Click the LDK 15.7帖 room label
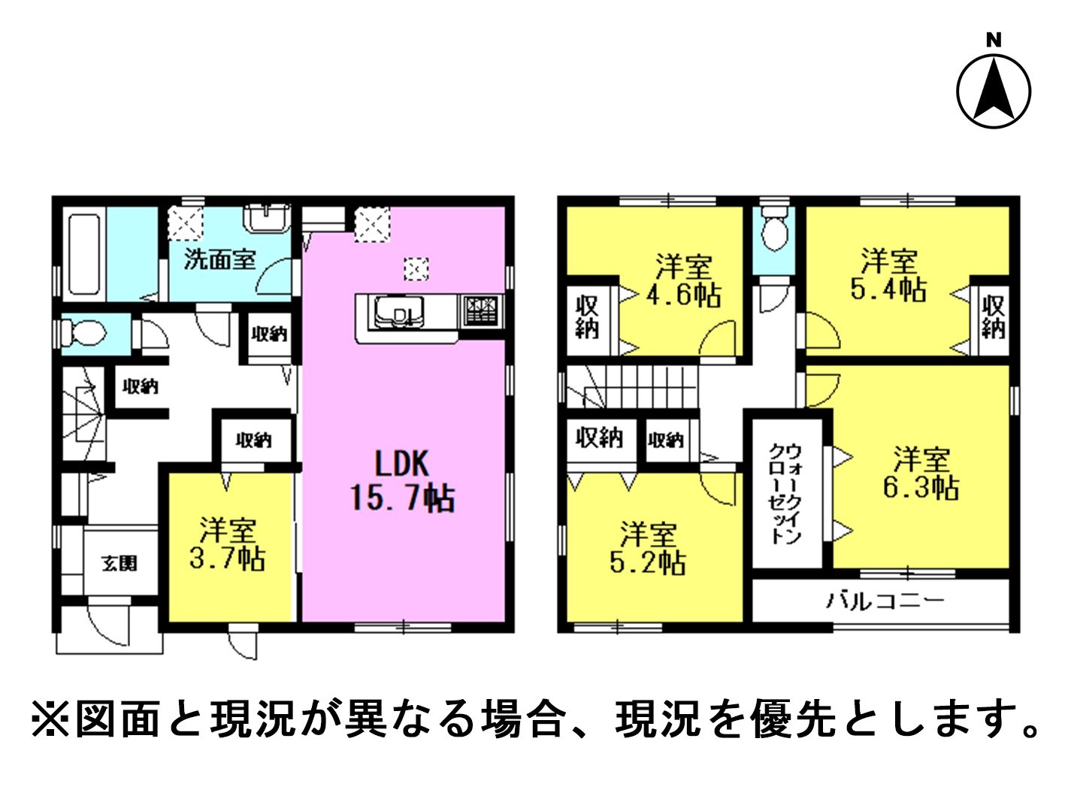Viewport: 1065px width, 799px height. (x=402, y=480)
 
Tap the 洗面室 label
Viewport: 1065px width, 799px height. (x=219, y=260)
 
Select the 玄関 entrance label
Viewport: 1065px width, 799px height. (x=119, y=563)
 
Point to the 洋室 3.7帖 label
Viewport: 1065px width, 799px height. (x=227, y=544)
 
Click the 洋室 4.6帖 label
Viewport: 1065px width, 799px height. (x=684, y=280)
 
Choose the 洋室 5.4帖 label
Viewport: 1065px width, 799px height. (x=889, y=275)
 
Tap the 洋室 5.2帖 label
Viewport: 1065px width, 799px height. (x=648, y=548)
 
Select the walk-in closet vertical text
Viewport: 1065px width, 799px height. (x=785, y=493)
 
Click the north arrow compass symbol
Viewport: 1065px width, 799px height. (x=994, y=91)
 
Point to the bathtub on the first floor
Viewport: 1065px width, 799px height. (x=84, y=255)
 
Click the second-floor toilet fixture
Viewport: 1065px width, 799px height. (x=774, y=229)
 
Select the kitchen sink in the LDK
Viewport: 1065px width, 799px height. (x=398, y=312)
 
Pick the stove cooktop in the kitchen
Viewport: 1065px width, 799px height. (x=483, y=310)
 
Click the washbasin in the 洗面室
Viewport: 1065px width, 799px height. (x=266, y=219)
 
